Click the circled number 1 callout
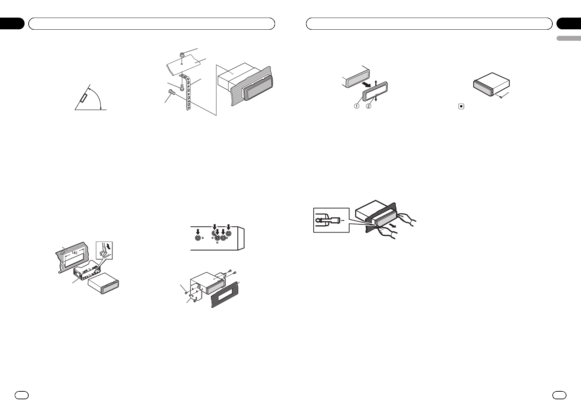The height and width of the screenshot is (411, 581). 357,106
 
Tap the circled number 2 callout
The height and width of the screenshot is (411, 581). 368,106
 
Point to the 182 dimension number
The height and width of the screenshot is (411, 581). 75,253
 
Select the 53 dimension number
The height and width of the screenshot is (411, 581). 63,265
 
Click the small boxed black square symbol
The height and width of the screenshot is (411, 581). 461,106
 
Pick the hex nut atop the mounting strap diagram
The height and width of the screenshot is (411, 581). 181,55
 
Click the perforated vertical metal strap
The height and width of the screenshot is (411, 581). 188,92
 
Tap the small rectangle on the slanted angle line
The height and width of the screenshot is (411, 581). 84,99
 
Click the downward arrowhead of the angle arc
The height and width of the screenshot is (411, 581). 101,108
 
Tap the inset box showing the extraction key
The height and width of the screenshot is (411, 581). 331,220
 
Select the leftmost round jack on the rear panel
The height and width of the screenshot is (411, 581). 198,238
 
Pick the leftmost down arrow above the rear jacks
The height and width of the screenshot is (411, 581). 198,232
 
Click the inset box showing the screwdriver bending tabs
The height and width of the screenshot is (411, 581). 104,250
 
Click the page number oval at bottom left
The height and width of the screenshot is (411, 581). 21,395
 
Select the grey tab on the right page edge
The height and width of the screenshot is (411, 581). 569,38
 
